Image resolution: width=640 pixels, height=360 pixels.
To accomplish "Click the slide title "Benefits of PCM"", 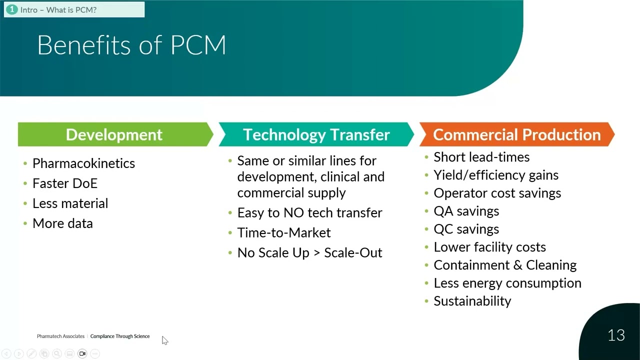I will click(x=131, y=45).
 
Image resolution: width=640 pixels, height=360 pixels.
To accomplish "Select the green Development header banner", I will click(x=114, y=134).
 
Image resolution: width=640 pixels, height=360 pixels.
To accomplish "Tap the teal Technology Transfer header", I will click(x=316, y=134).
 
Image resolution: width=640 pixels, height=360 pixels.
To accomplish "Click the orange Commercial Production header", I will click(x=516, y=134).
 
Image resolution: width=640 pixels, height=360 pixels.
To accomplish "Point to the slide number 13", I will click(x=616, y=335).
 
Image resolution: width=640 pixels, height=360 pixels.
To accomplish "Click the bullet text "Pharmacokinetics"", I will click(x=83, y=163).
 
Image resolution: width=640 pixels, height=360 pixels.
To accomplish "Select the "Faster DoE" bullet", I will click(x=64, y=183).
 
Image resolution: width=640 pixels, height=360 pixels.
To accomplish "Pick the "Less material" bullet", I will click(x=70, y=203).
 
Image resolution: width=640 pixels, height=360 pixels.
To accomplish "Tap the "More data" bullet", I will click(x=62, y=223).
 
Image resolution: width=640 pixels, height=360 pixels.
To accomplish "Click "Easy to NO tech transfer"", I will click(x=309, y=212).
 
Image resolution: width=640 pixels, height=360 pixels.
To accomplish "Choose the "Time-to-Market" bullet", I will click(x=283, y=232).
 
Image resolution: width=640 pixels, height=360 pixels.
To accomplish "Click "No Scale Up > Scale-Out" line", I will click(x=309, y=252).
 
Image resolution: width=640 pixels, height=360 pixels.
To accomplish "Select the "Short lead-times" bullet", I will click(x=481, y=157).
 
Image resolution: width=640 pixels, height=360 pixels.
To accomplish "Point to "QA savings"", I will click(x=466, y=211).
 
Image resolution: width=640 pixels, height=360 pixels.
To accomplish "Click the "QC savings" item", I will click(x=466, y=229).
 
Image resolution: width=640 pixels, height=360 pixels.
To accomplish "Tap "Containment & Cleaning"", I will click(x=505, y=265).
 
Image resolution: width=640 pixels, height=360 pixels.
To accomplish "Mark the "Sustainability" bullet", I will click(x=472, y=301).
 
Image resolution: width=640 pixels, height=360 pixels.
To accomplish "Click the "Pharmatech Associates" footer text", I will click(x=60, y=336).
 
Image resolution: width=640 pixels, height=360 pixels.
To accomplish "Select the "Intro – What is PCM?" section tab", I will click(x=58, y=9).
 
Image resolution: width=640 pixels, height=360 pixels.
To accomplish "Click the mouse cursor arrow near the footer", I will click(x=164, y=340).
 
